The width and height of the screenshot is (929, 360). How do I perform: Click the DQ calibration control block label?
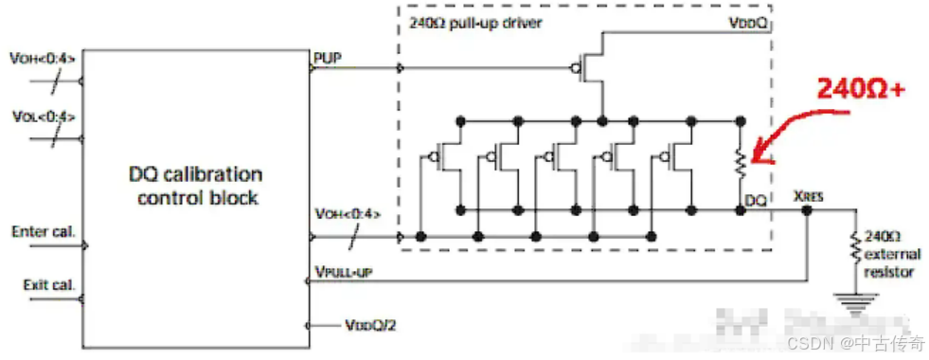coord(196,186)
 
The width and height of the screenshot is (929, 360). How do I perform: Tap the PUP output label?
coord(325,58)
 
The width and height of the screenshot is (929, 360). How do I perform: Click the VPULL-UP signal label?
coord(342,272)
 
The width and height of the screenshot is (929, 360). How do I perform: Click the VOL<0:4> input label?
coord(44,117)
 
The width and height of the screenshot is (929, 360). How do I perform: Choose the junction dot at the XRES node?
coord(806,210)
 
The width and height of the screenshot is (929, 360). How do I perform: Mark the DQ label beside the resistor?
coord(757,202)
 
